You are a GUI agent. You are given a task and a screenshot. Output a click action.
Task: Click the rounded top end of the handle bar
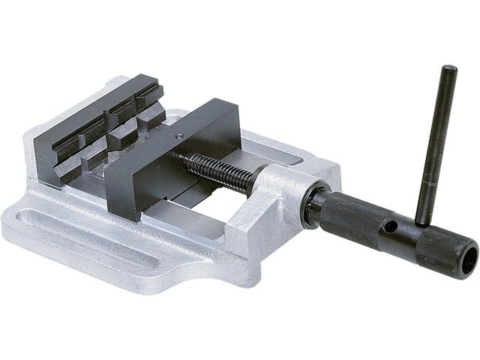pyautogui.click(x=448, y=70)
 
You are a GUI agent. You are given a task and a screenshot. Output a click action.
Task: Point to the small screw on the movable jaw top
pyautogui.click(x=178, y=136)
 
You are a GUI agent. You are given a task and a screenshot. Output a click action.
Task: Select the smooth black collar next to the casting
pyautogui.click(x=313, y=206)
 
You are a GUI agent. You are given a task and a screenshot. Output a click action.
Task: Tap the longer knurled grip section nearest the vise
pyautogui.click(x=349, y=217)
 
